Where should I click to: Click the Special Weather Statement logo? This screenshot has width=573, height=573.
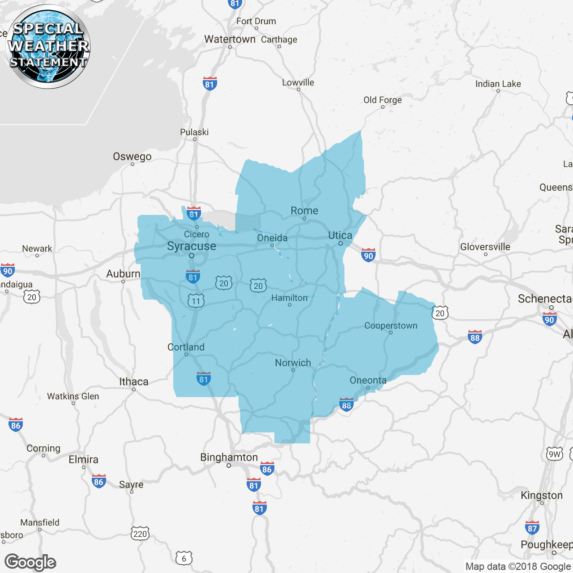pyautogui.click(x=48, y=47)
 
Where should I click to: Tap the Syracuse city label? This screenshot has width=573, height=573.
pyautogui.click(x=192, y=246)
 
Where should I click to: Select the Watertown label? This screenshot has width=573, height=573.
pyautogui.click(x=230, y=39)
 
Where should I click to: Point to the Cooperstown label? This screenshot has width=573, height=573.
pyautogui.click(x=391, y=325)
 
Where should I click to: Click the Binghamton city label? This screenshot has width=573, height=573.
pyautogui.click(x=229, y=458)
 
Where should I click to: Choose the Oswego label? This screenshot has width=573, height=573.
pyautogui.click(x=132, y=157)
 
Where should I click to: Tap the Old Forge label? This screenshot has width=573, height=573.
pyautogui.click(x=382, y=100)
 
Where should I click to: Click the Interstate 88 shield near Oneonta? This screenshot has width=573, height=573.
pyautogui.click(x=346, y=405)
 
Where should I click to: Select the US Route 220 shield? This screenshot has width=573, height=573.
pyautogui.click(x=140, y=533)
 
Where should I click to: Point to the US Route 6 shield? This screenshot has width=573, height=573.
pyautogui.click(x=184, y=558)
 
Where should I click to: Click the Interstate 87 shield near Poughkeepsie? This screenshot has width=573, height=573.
pyautogui.click(x=532, y=528)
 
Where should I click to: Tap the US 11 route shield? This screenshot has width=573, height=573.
pyautogui.click(x=196, y=301)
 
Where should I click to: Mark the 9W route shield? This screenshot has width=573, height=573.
pyautogui.click(x=555, y=454)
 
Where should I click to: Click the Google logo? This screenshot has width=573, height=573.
pyautogui.click(x=30, y=562)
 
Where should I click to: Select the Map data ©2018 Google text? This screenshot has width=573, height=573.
pyautogui.click(x=518, y=567)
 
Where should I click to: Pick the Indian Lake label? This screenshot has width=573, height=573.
pyautogui.click(x=498, y=84)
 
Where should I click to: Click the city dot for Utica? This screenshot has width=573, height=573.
pyautogui.click(x=341, y=244)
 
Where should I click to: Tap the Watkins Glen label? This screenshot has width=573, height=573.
pyautogui.click(x=73, y=396)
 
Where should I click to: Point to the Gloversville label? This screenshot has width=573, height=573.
pyautogui.click(x=485, y=247)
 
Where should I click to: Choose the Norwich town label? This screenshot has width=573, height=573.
pyautogui.click(x=293, y=363)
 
